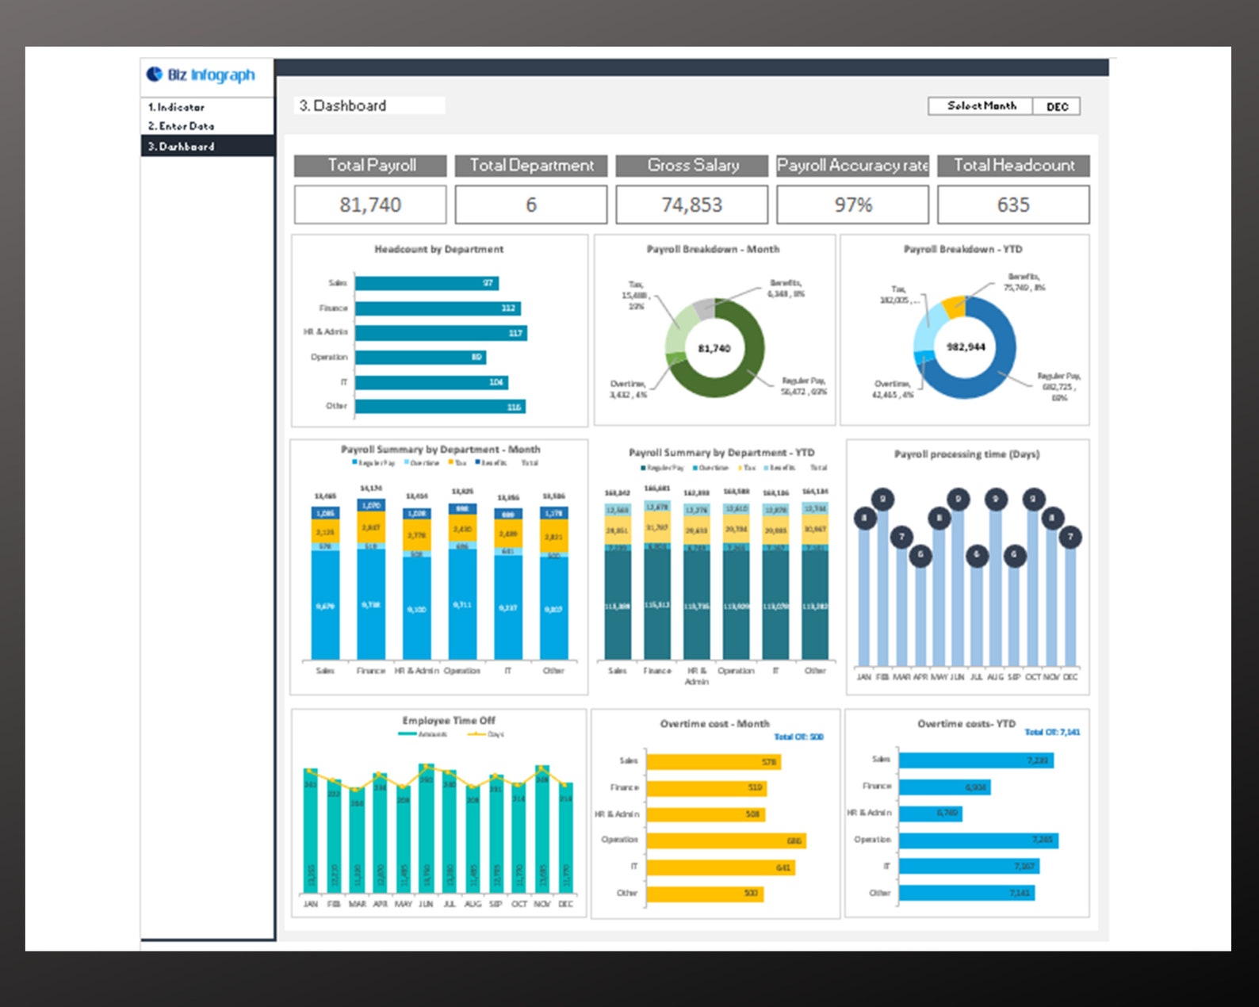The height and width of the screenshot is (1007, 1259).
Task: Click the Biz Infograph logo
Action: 201,75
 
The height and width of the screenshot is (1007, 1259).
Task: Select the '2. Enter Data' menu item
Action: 181,126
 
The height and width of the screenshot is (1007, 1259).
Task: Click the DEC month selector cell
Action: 1057,106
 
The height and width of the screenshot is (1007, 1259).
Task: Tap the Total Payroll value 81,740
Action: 370,205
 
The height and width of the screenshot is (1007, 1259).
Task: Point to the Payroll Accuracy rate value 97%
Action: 852,205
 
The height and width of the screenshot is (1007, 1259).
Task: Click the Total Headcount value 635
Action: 1013,205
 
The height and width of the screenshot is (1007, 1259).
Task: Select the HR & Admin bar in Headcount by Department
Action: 441,333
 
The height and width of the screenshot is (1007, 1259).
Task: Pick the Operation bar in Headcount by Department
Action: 420,358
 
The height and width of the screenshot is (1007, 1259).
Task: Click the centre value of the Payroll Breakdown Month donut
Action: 714,349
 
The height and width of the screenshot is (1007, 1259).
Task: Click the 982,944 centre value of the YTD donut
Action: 966,347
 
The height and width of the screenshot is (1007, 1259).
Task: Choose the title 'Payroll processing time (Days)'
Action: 966,454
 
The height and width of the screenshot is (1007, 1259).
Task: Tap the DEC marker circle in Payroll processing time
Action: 1070,538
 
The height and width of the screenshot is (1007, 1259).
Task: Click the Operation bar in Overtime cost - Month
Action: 725,840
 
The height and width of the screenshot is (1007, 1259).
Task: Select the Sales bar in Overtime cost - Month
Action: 714,762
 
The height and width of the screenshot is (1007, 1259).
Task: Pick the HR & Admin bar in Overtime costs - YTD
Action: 931,814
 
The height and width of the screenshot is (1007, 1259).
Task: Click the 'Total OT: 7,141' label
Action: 1052,732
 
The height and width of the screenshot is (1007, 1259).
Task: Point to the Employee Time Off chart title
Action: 449,721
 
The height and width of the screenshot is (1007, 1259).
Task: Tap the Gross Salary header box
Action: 692,166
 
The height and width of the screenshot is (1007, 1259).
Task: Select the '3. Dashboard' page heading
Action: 342,105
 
